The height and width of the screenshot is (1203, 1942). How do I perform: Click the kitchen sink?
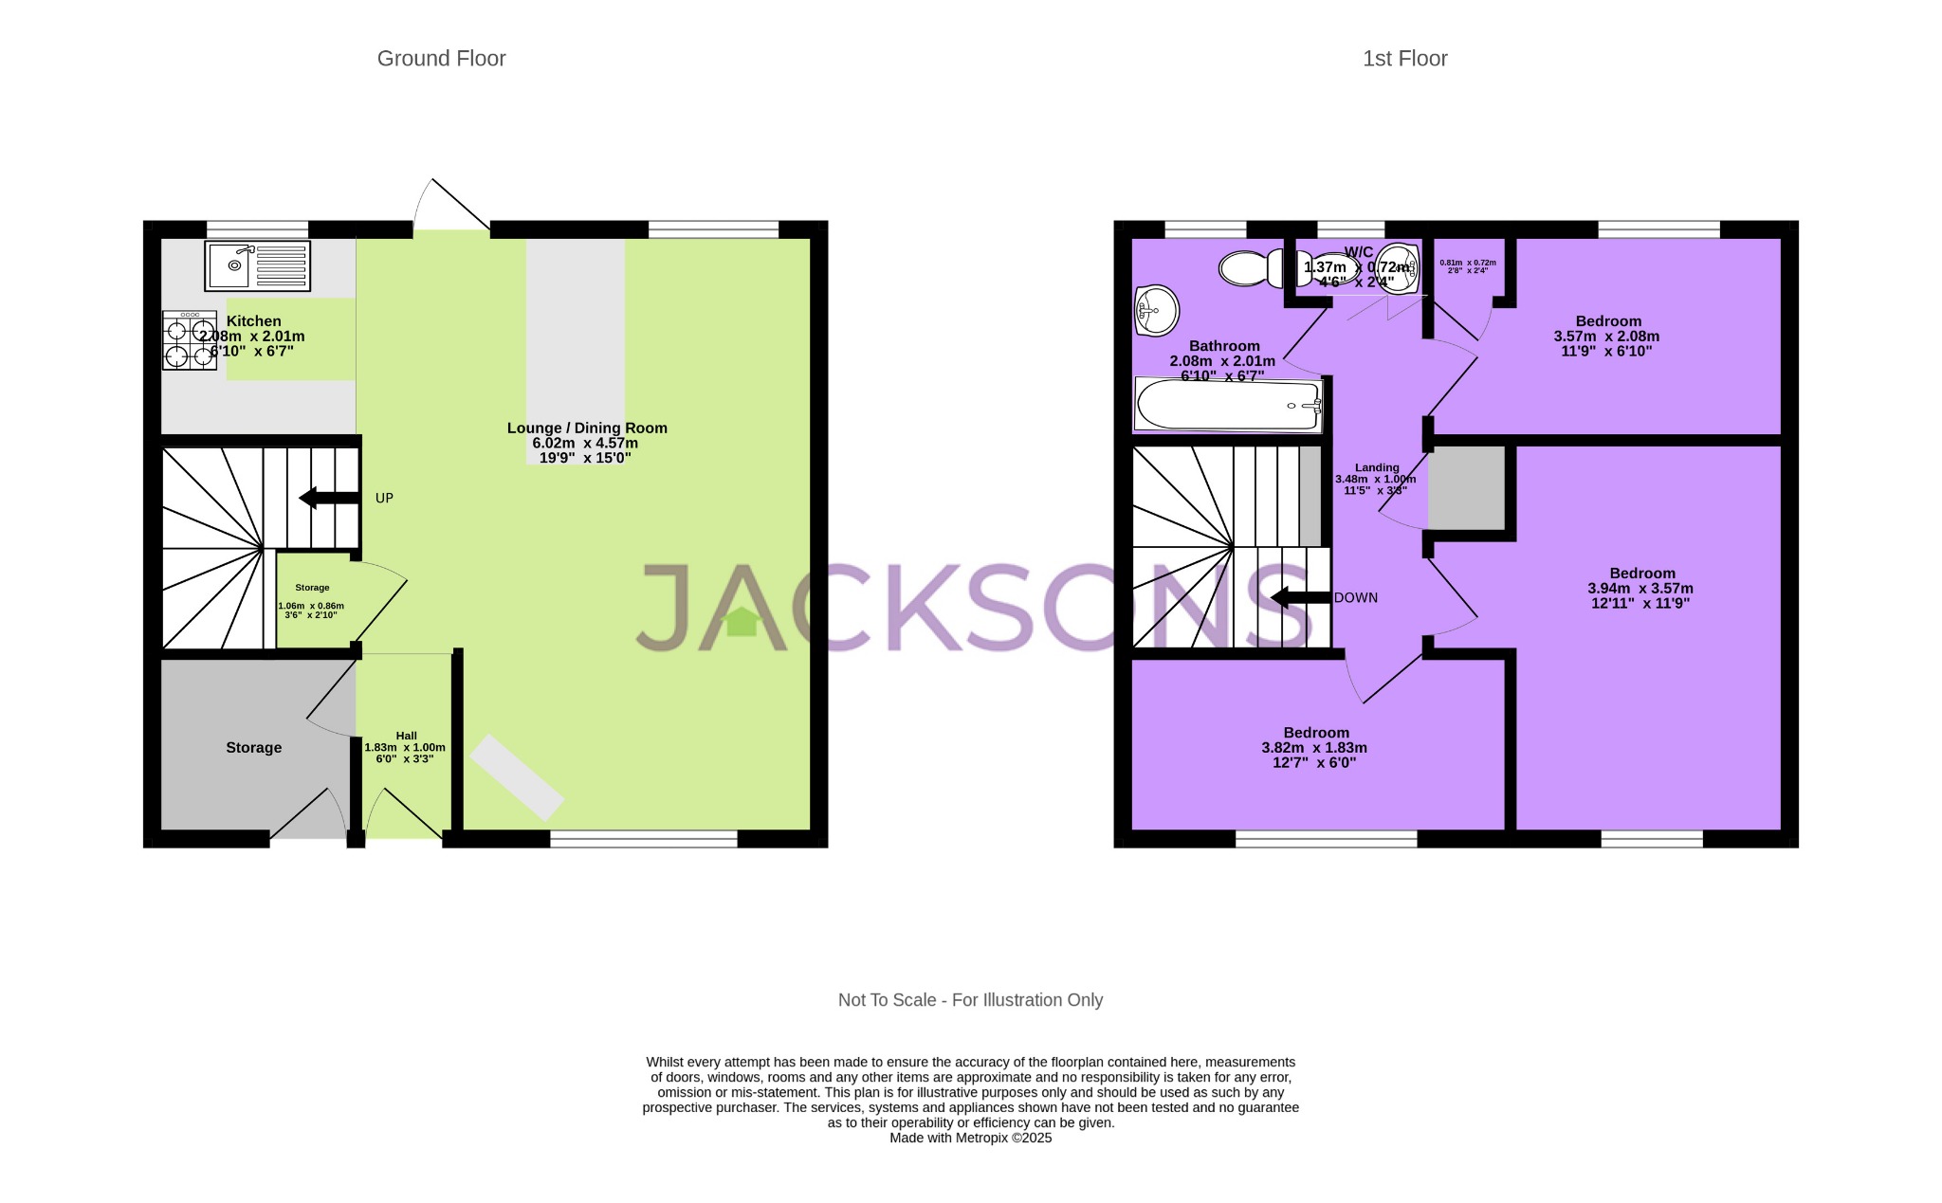coord(256,265)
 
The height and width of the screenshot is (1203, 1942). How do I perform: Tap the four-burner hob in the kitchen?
coord(190,340)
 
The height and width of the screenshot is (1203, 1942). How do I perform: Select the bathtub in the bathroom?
coord(1229,406)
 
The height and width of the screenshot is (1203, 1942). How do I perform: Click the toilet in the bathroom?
coord(1252,268)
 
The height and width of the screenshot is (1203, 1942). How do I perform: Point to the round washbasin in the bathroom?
coord(1156,310)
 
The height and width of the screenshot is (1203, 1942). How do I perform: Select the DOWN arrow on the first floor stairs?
coord(1300,597)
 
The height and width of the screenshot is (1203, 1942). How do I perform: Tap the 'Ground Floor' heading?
coord(441,59)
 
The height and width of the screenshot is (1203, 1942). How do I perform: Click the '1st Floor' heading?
coord(1404,59)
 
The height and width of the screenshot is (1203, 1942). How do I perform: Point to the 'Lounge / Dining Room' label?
coord(587,428)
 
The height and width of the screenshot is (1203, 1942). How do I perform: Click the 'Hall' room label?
coord(406,736)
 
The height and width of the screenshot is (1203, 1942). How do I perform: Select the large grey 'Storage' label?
coord(253,748)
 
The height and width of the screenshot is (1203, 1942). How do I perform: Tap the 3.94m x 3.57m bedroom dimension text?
coord(1640,588)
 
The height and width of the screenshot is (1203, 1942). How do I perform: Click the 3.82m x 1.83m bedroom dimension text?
coord(1314,747)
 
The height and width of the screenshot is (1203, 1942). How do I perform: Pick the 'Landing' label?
coord(1376,467)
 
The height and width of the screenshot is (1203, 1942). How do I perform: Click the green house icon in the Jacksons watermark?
coord(741,622)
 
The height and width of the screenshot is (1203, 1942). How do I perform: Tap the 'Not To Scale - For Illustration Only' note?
coord(970,1000)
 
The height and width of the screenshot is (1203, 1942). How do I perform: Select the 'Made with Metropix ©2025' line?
coord(970,1138)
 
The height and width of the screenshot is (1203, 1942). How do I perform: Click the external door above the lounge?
coord(451,206)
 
